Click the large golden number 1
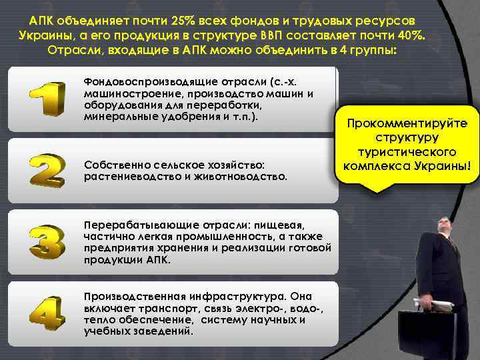(x=47, y=99)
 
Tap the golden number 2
(x=47, y=170)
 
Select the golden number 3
(x=47, y=241)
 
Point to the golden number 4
(x=47, y=313)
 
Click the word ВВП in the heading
(x=272, y=34)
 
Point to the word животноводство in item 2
(x=247, y=177)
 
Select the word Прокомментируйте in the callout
(x=407, y=125)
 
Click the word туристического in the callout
(x=407, y=151)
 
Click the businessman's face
(x=445, y=227)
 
